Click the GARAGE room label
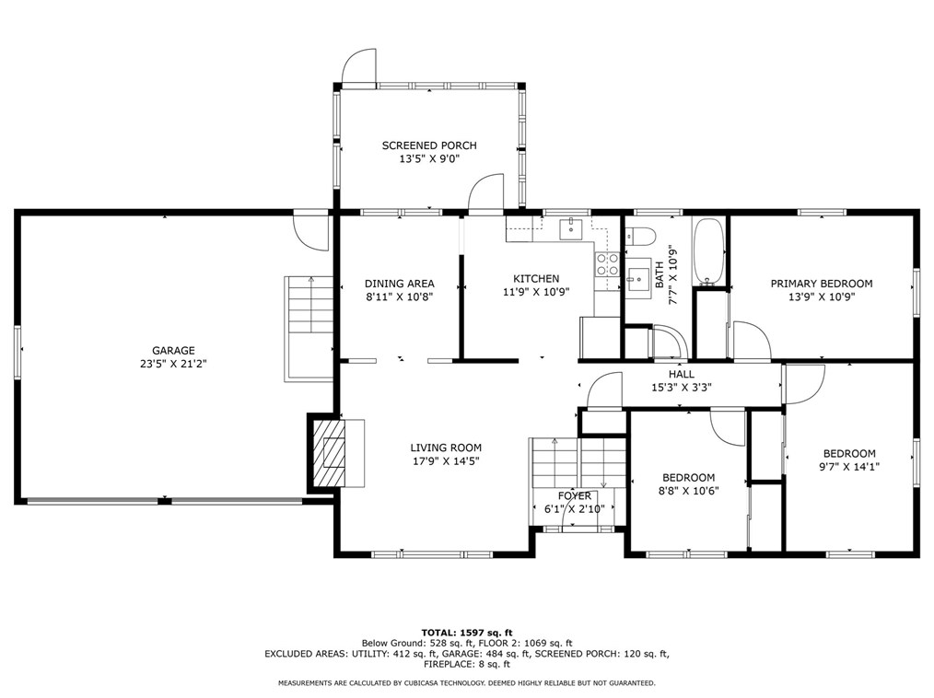(173, 351)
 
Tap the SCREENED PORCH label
(429, 145)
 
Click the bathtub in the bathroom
(709, 252)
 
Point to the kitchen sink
(571, 228)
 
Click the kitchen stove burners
(606, 264)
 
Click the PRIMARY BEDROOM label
(822, 284)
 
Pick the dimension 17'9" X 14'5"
(445, 461)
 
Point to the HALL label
(682, 374)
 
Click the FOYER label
(575, 496)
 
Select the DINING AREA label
(400, 284)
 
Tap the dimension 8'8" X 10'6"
(689, 491)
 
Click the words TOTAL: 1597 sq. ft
(467, 633)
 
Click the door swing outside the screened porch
(358, 66)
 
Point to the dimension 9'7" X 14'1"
(849, 467)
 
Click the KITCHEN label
(536, 278)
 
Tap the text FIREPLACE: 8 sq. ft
(467, 664)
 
